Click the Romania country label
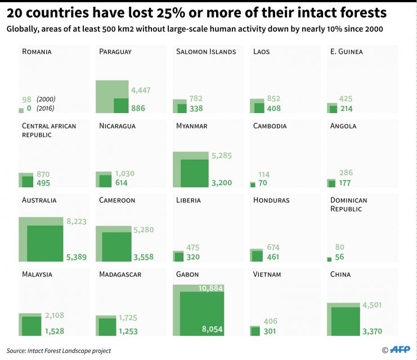37,52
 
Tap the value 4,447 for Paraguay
141,90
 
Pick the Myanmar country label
192,126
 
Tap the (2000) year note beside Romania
46,99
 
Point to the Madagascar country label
120,274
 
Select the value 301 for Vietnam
270,331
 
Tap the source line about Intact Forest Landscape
59,350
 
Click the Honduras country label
271,200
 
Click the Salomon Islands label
206,52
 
